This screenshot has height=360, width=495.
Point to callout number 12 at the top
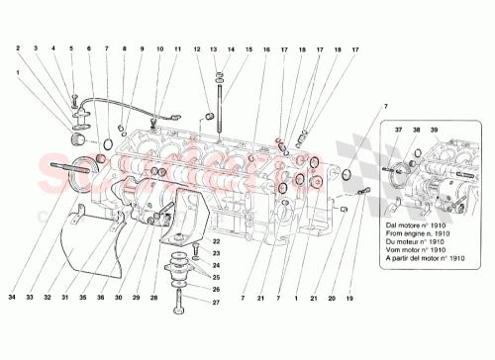(x=197, y=48)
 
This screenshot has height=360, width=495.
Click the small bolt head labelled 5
(x=72, y=97)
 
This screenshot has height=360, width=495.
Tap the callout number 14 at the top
(x=231, y=48)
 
